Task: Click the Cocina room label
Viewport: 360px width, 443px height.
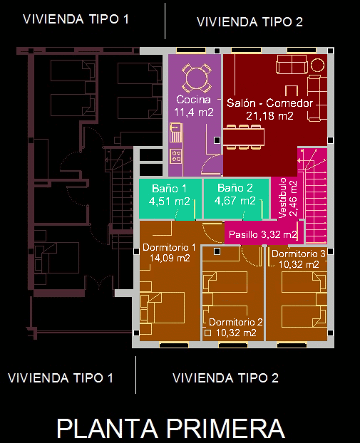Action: (193, 100)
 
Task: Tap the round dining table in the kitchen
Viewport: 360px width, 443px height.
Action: (197, 78)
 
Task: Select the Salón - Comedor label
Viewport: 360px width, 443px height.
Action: (269, 103)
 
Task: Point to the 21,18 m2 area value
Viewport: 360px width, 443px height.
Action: (269, 116)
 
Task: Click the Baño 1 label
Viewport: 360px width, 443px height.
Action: (169, 189)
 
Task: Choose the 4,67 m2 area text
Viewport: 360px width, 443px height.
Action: (235, 201)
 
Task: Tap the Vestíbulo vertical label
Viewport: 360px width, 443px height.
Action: (283, 198)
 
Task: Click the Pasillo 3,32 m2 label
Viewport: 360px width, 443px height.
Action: (263, 234)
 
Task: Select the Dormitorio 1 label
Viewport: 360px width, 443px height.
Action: (169, 247)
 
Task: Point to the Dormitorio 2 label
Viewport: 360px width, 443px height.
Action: (236, 322)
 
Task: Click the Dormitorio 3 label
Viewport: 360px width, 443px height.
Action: (299, 254)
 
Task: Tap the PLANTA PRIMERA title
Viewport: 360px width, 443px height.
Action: (171, 429)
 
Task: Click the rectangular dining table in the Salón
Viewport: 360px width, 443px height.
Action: (244, 137)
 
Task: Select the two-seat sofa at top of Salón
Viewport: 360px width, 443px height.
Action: (292, 64)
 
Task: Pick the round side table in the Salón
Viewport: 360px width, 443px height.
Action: (318, 66)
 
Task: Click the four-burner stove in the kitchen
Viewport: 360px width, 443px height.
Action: (176, 157)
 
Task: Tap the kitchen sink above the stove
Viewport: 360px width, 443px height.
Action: (175, 132)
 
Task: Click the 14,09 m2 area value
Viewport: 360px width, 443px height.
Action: (170, 258)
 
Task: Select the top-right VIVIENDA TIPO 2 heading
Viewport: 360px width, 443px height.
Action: (250, 22)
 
